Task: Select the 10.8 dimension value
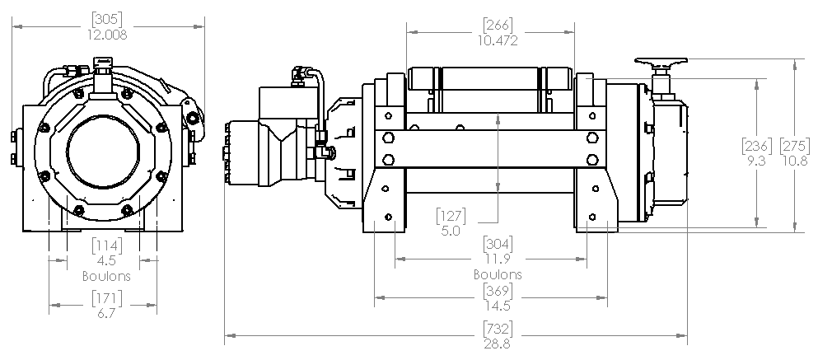(x=792, y=161)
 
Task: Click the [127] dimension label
(x=451, y=216)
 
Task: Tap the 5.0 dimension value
(x=451, y=231)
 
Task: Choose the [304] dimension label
(x=498, y=243)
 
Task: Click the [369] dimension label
(x=498, y=291)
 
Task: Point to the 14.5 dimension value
(x=498, y=306)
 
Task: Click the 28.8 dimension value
(x=498, y=344)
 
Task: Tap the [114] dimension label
(x=106, y=245)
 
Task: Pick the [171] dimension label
(x=106, y=297)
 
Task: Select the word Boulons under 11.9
(x=498, y=274)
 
